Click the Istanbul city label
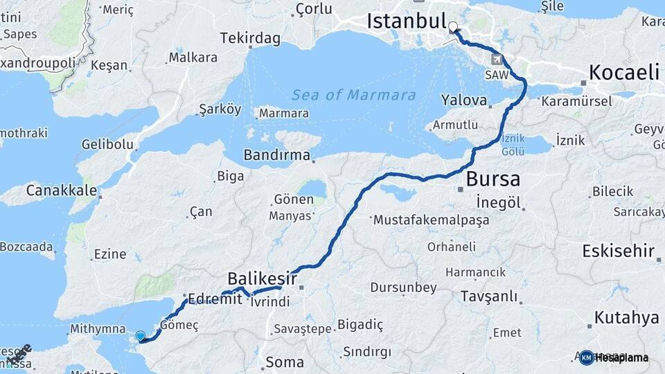pyautogui.click(x=406, y=21)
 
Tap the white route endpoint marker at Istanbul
pyautogui.click(x=453, y=28)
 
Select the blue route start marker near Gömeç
pyautogui.click(x=141, y=336)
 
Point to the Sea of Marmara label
pyautogui.click(x=353, y=95)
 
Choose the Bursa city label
pyautogui.click(x=493, y=179)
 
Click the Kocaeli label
pyautogui.click(x=623, y=72)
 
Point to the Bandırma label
pyautogui.click(x=276, y=154)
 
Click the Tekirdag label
pyautogui.click(x=251, y=38)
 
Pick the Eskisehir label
pyautogui.click(x=619, y=251)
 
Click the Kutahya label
pyautogui.click(x=626, y=318)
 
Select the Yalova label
pyautogui.click(x=464, y=100)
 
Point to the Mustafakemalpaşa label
pyautogui.click(x=431, y=220)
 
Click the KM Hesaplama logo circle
pyautogui.click(x=586, y=357)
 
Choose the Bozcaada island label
pyautogui.click(x=26, y=246)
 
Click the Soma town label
pyautogui.click(x=285, y=362)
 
